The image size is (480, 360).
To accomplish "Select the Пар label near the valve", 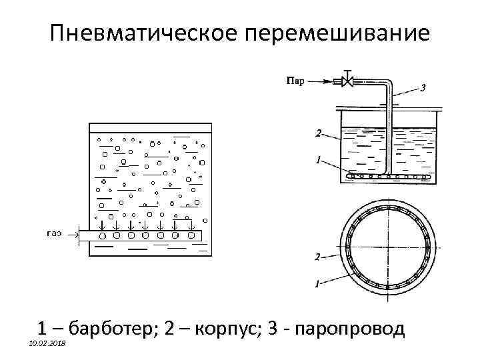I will click(x=295, y=82).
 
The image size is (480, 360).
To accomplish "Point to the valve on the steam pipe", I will click(x=347, y=81).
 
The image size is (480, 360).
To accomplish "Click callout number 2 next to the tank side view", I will click(x=318, y=133).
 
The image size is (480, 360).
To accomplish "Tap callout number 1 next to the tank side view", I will click(x=318, y=159).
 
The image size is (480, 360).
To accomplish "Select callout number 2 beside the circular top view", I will click(x=317, y=256).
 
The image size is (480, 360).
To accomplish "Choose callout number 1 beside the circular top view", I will click(x=318, y=283).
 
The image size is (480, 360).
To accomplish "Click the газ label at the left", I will click(x=55, y=233).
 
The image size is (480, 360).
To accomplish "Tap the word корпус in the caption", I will click(x=225, y=329).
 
